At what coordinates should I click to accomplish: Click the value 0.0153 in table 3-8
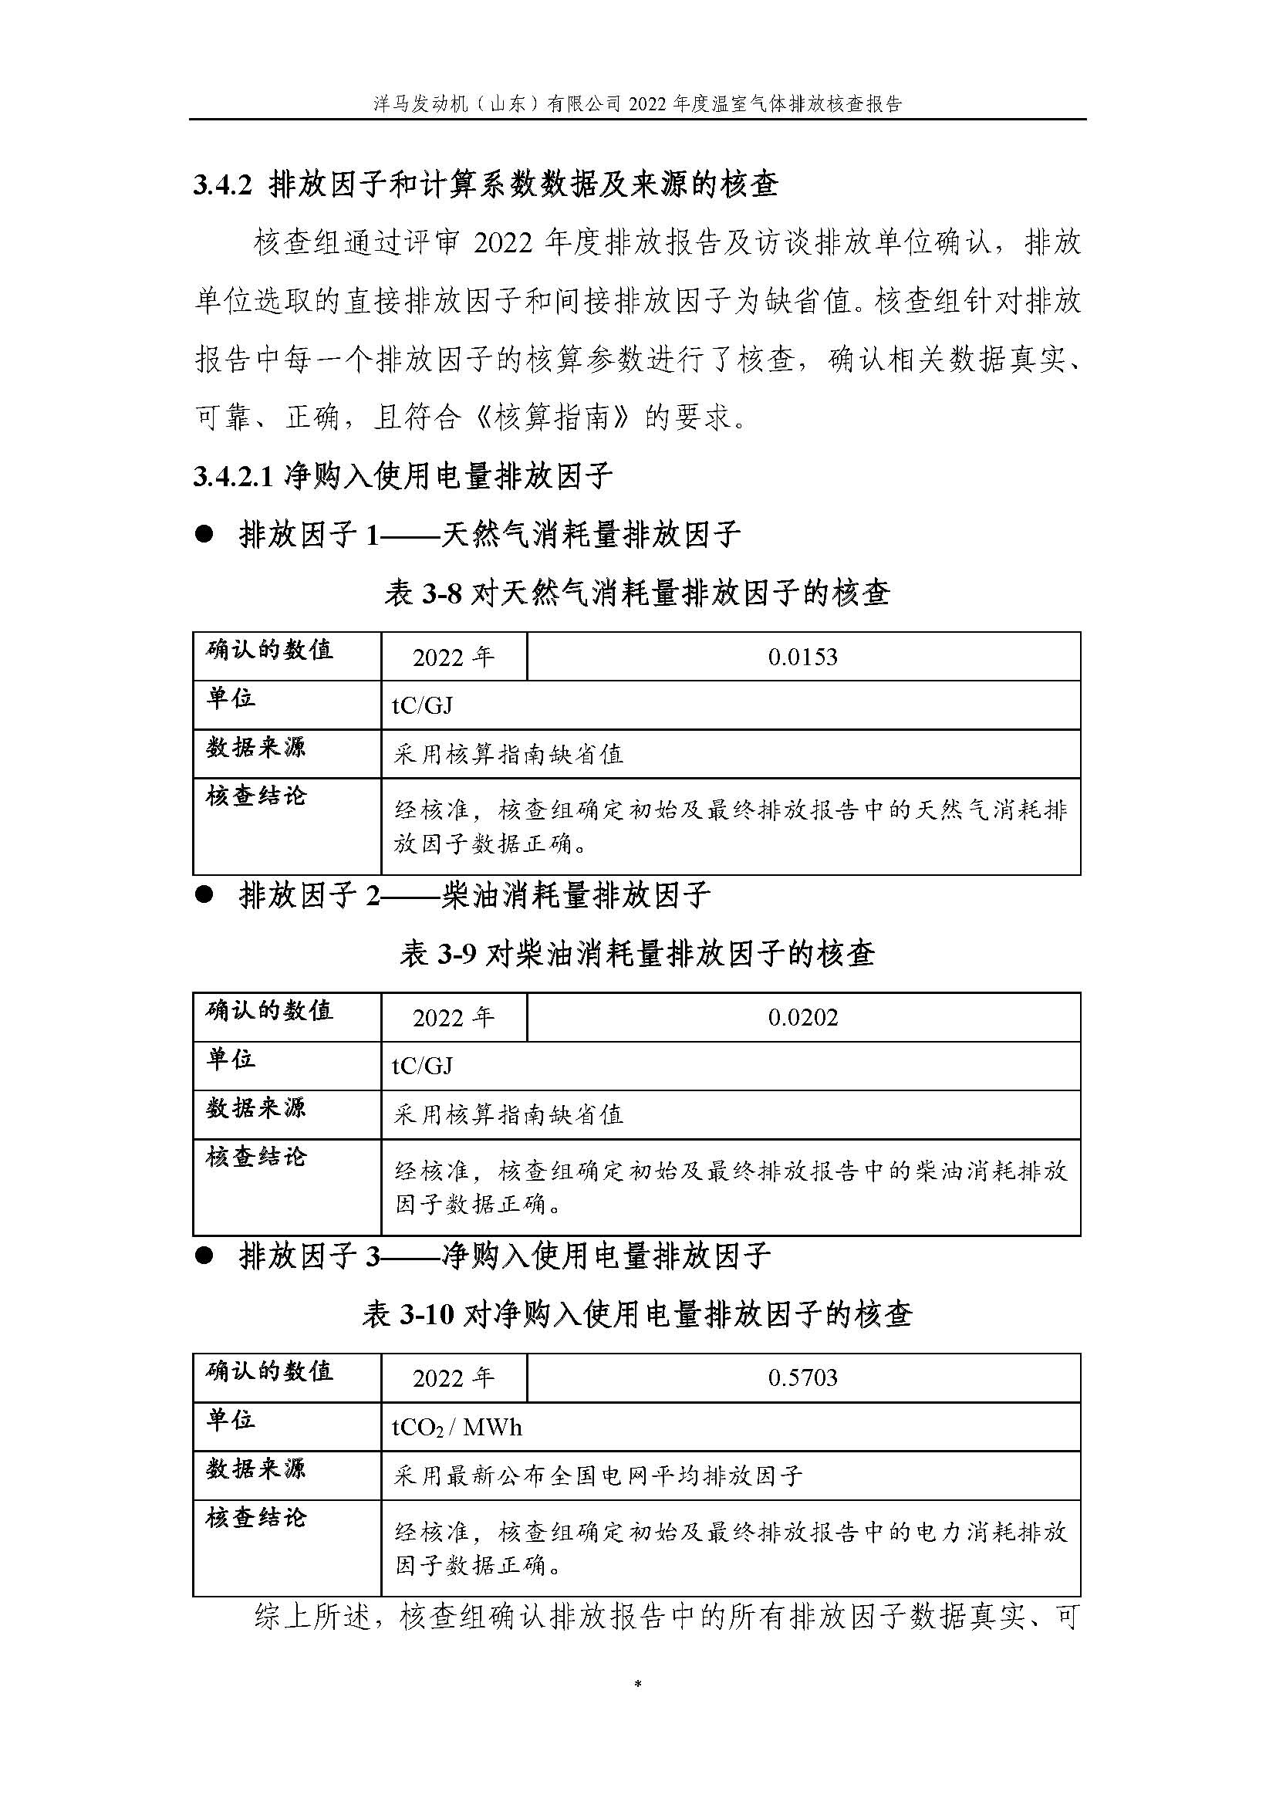coord(802,657)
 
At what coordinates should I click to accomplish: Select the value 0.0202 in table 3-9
coord(802,1017)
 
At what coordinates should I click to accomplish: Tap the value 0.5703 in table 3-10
coord(802,1377)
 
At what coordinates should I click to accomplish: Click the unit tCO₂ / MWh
coord(457,1427)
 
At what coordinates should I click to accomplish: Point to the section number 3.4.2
coord(221,185)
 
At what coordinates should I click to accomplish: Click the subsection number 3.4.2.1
coord(232,476)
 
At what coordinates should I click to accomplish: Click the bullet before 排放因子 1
coord(204,536)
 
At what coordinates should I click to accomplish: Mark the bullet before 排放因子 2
coord(204,895)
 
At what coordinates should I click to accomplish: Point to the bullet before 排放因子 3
coord(204,1256)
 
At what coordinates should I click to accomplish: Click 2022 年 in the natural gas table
coord(454,657)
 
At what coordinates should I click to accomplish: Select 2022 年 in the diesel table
coord(454,1017)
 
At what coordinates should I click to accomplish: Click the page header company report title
coord(637,103)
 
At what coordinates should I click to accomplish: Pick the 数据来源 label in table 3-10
coord(255,1468)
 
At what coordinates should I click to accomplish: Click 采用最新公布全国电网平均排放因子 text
coord(598,1475)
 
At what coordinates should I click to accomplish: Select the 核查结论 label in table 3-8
coord(255,796)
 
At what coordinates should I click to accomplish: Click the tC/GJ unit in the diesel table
coord(422,1066)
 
